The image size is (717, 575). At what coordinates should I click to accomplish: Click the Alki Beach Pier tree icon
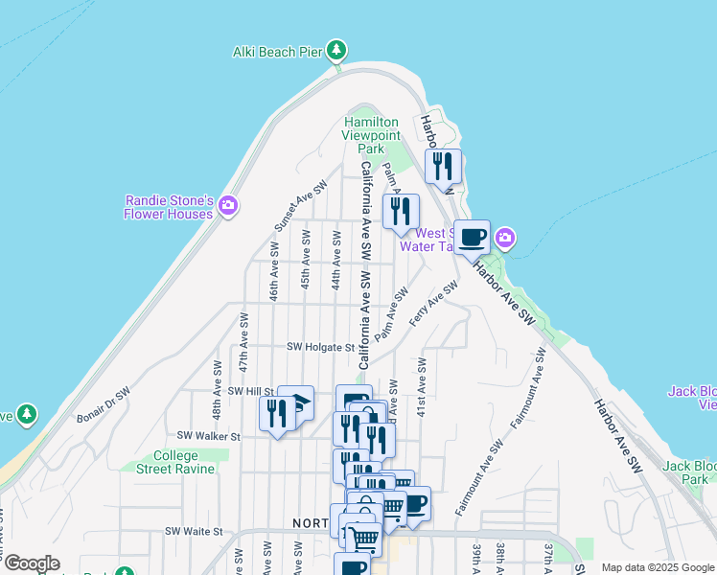pos(335,50)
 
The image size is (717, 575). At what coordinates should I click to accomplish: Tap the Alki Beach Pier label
pos(277,52)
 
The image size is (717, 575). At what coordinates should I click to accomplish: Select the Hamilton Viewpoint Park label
pos(371,135)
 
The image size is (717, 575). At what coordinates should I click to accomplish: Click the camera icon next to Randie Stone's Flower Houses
pos(228,204)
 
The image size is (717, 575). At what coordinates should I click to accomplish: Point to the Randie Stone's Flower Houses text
pos(168,207)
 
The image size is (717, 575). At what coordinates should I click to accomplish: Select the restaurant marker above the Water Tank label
pos(400,211)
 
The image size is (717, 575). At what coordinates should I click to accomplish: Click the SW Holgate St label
pos(321,347)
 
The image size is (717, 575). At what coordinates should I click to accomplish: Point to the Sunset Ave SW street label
pos(293,206)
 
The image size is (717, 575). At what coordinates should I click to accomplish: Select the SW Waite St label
pos(194,530)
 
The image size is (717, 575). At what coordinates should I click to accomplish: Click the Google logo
pos(32,563)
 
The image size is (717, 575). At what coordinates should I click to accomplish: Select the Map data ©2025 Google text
pos(658,567)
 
